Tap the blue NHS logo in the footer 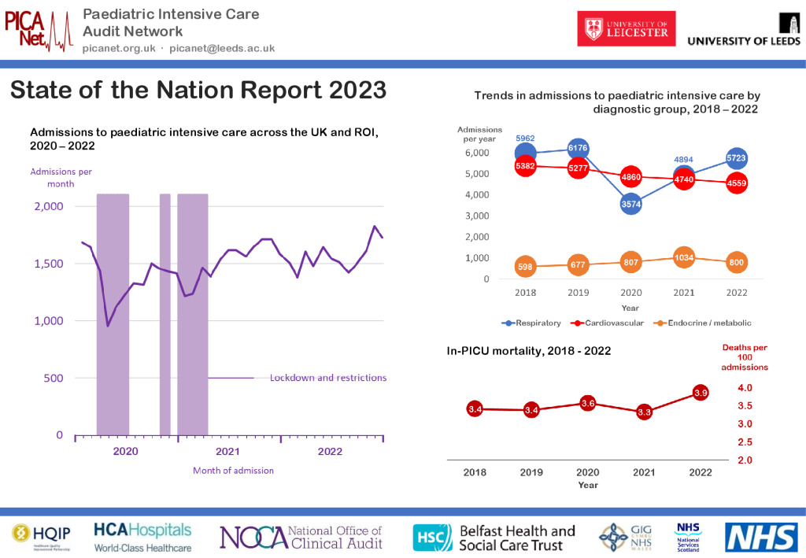coord(760,537)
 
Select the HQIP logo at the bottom coord(38,536)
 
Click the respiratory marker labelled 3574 coord(630,204)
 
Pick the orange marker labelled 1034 coord(683,257)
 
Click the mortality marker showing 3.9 coord(700,392)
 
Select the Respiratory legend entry coord(534,323)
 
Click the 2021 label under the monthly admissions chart coord(227,452)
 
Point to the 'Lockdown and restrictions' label coord(327,378)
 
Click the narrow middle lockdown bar coord(165,314)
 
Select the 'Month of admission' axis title coord(233,471)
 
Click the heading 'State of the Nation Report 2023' coord(198,90)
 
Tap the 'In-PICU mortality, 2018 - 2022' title coord(529,351)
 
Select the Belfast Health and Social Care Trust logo coord(494,537)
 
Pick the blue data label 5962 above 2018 coord(525,138)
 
